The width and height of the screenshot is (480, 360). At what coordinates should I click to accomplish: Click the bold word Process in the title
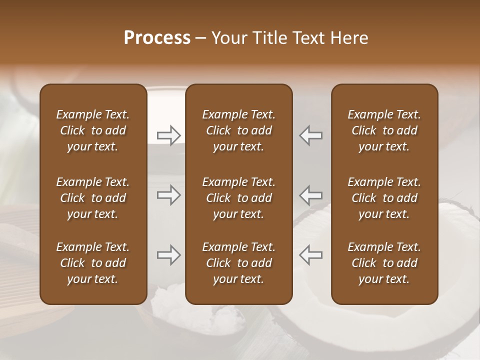tap(157, 38)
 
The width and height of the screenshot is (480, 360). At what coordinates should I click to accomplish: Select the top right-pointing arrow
tap(168, 135)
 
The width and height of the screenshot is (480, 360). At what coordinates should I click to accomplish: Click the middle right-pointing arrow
tap(168, 194)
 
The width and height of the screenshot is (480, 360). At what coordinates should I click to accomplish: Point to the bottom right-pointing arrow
tap(168, 255)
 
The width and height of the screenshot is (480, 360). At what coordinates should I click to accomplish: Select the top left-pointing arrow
tap(311, 135)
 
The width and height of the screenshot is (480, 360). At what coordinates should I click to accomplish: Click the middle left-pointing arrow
tap(311, 194)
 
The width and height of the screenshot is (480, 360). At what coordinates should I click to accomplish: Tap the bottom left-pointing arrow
tap(311, 255)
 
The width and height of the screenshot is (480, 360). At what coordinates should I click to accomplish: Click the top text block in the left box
tap(93, 130)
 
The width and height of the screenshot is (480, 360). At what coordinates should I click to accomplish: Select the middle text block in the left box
tap(93, 198)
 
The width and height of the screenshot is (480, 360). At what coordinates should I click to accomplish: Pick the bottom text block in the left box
tap(93, 263)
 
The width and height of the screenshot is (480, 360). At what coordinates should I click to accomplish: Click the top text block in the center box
tap(239, 130)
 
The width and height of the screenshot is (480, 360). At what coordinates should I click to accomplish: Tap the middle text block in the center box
tap(239, 198)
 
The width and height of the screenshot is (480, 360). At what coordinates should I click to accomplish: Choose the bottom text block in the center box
tap(239, 263)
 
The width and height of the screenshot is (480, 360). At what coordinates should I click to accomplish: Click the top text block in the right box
tap(384, 130)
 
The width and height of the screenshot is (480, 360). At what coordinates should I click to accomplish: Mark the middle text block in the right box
tap(384, 198)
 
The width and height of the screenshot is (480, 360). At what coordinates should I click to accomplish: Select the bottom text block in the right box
tap(384, 263)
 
